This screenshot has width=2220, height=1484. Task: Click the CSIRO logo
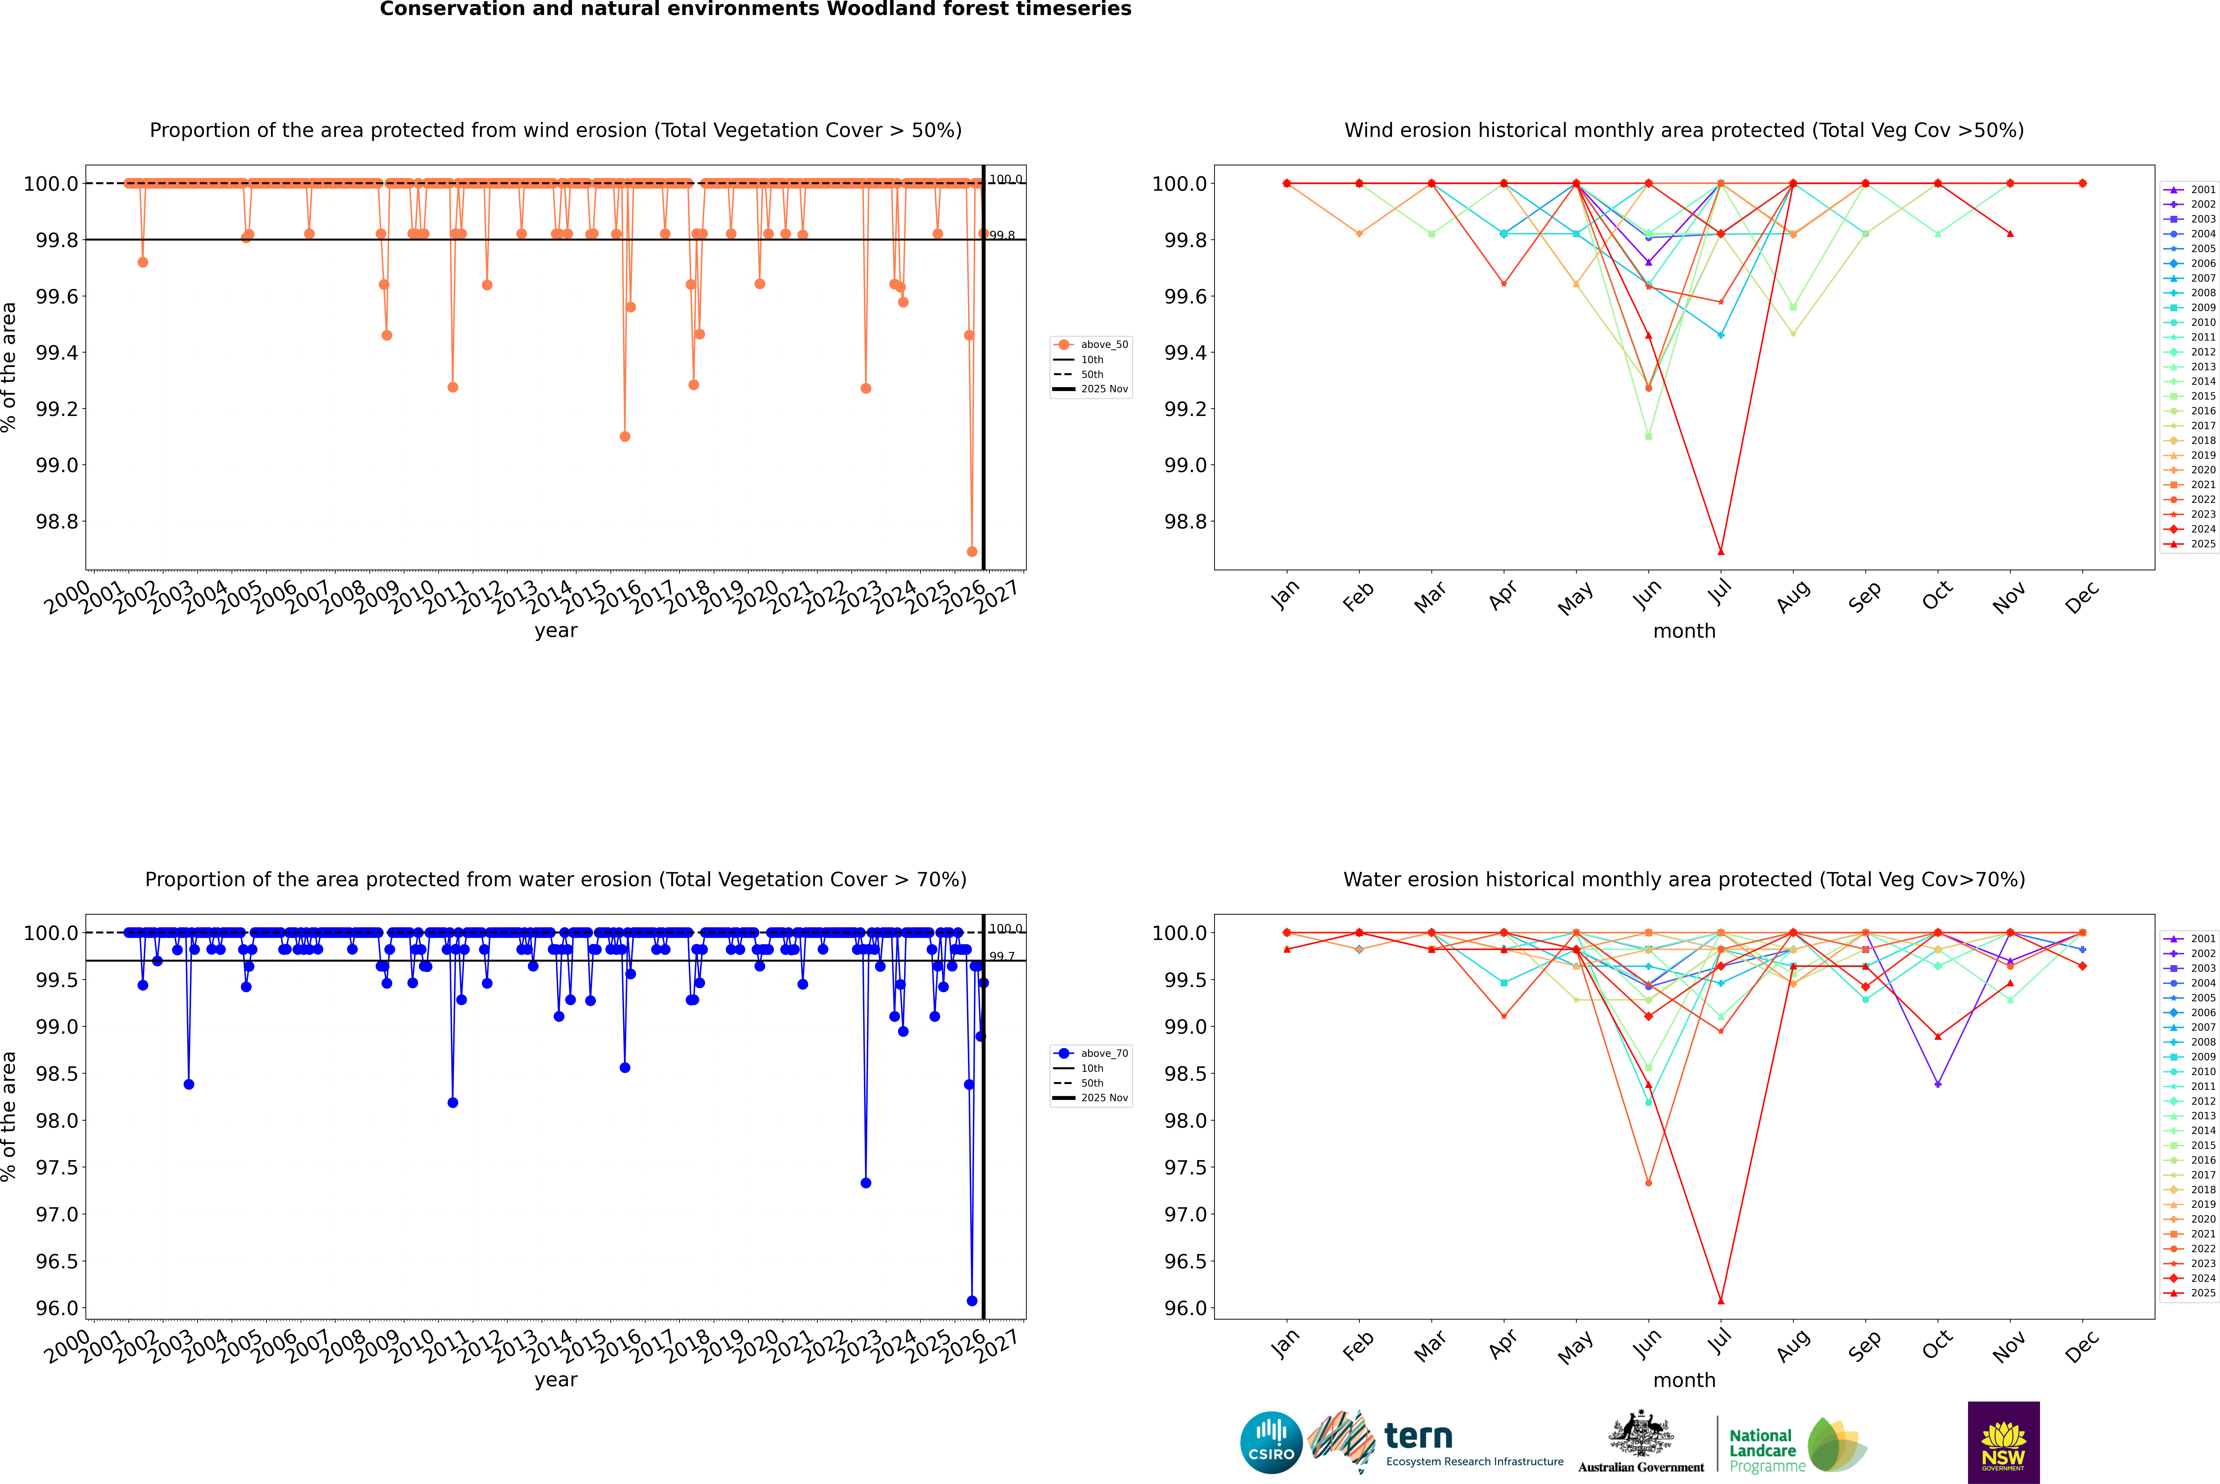(1271, 1442)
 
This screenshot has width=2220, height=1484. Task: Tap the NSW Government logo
(2003, 1442)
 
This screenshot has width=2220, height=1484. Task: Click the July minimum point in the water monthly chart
(1720, 1300)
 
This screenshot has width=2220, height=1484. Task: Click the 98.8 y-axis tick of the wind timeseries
(57, 521)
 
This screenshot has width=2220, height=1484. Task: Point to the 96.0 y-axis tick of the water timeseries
(57, 1308)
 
